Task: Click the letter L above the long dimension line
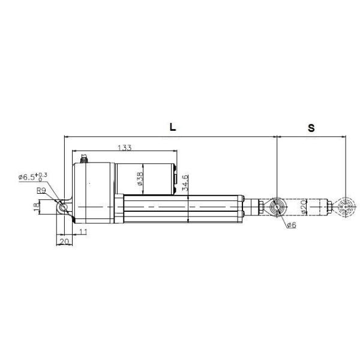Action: (172, 127)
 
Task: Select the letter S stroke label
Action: (311, 128)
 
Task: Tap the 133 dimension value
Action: (125, 147)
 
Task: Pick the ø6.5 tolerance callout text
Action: (34, 176)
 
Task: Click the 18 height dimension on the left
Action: (37, 207)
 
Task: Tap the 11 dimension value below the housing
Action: (83, 232)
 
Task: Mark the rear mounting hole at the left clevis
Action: (63, 207)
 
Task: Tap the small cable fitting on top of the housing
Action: (84, 158)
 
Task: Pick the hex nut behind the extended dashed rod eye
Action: (329, 208)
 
